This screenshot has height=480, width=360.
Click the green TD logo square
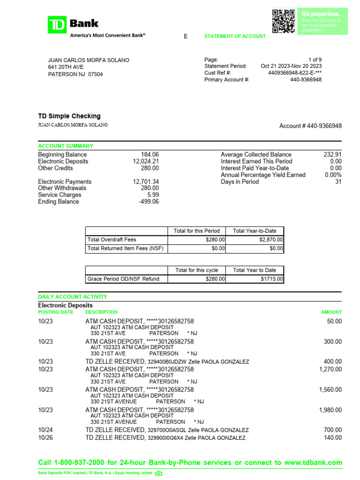(x=57, y=24)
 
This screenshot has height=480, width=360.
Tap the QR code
(x=284, y=21)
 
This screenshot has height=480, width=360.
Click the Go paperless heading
(x=321, y=14)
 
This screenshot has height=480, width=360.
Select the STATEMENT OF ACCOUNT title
(x=235, y=36)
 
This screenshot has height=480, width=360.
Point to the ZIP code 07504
(x=96, y=74)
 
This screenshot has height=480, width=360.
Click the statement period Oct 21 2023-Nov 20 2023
(x=291, y=66)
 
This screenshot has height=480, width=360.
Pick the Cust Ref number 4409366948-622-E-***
(x=295, y=73)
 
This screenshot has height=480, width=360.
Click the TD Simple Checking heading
(x=69, y=116)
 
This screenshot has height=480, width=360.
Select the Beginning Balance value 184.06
(x=150, y=155)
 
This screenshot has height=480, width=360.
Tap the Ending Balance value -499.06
(x=149, y=202)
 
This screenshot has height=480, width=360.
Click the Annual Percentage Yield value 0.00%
(x=333, y=175)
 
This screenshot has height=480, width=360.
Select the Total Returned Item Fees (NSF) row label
(x=125, y=248)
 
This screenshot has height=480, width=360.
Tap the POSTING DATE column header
(x=56, y=312)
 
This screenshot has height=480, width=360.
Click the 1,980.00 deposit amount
(x=330, y=410)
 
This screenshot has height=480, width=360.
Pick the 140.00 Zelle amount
(x=333, y=438)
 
